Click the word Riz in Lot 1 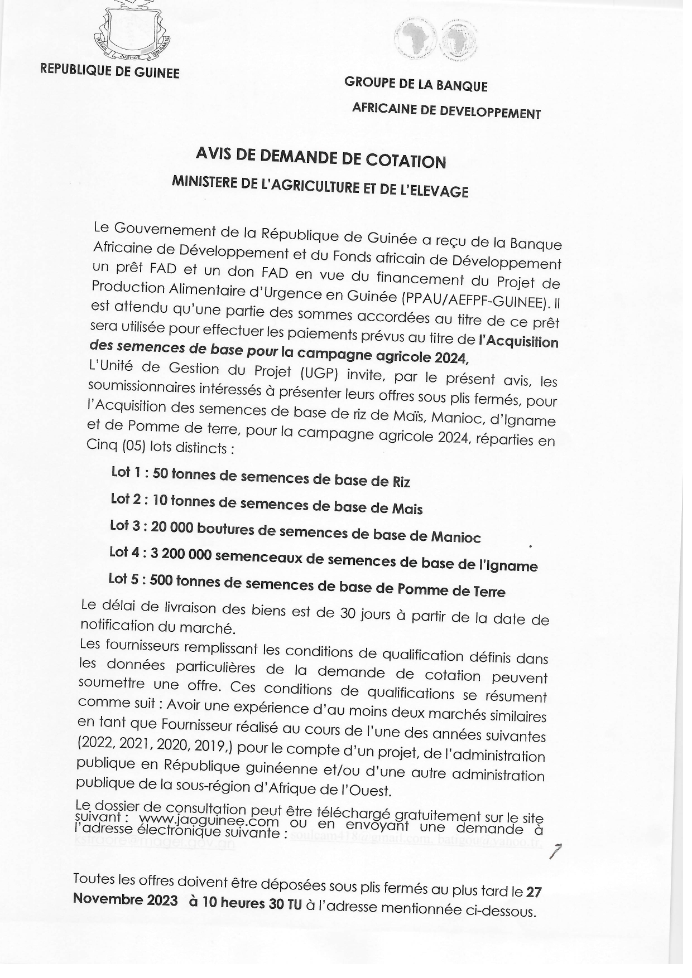coord(401,481)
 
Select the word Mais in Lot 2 coord(410,509)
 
